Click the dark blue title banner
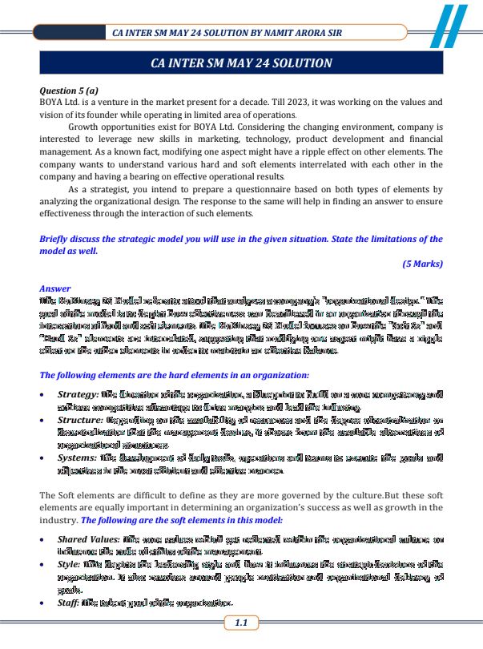pyautogui.click(x=241, y=62)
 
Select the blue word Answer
pyautogui.click(x=55, y=288)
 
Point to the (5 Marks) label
pyautogui.click(x=422, y=264)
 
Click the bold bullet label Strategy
pyautogui.click(x=77, y=395)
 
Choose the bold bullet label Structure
pyautogui.click(x=78, y=421)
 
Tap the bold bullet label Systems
pyautogui.click(x=76, y=458)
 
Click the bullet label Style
pyautogui.click(x=69, y=564)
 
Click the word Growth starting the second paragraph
pyautogui.click(x=87, y=128)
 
